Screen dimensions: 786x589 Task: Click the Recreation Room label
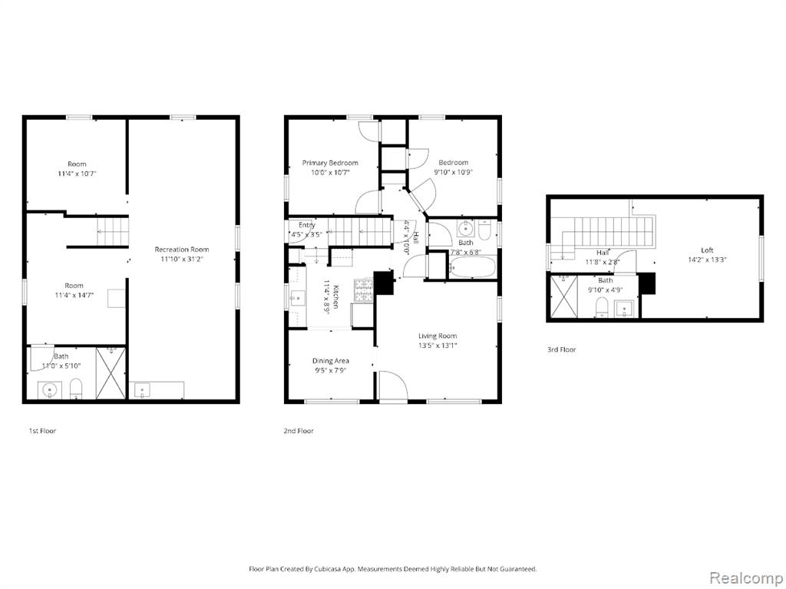[181, 250]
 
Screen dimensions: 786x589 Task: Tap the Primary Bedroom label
[330, 163]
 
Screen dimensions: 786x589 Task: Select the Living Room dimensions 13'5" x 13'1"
[438, 345]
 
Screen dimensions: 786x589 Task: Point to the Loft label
[707, 250]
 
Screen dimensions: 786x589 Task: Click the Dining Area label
[330, 361]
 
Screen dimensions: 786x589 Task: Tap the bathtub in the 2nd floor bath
[472, 267]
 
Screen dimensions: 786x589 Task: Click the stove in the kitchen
[364, 290]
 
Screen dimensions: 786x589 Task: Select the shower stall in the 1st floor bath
[111, 372]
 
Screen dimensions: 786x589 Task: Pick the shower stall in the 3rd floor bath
[564, 296]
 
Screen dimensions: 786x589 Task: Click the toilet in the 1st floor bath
[76, 389]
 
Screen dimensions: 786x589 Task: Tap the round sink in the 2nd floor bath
[466, 230]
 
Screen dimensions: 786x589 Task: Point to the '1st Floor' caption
[42, 431]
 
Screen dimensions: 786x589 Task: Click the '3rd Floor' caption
[561, 349]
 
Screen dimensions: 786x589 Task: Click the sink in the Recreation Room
[142, 390]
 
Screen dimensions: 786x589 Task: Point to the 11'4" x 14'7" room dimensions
[74, 295]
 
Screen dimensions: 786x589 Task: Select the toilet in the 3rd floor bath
[602, 307]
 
